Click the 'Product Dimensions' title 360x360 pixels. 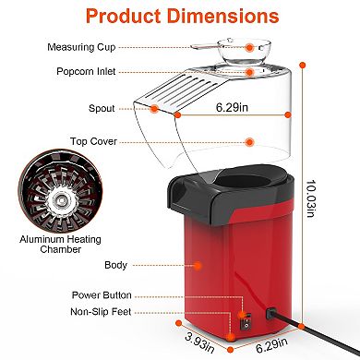[x=179, y=18]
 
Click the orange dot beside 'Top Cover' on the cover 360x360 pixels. [x=251, y=141]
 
